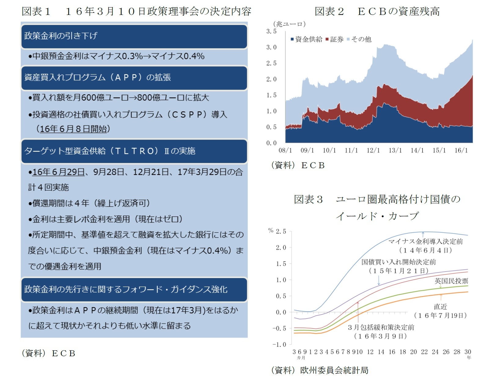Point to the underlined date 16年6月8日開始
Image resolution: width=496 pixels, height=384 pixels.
(74, 129)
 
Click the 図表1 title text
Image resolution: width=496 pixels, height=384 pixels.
(136, 11)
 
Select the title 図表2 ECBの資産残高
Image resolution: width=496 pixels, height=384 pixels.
(377, 11)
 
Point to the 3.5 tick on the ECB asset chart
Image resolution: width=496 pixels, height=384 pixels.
(271, 31)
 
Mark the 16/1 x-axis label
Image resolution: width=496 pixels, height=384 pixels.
(461, 150)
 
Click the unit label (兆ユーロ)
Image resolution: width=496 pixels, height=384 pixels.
(289, 24)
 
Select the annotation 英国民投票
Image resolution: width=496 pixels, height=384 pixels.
(451, 281)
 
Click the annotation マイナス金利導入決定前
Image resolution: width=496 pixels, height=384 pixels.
(425, 241)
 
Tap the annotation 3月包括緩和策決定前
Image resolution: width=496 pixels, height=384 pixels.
(381, 328)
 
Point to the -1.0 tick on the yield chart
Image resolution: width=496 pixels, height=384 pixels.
(279, 345)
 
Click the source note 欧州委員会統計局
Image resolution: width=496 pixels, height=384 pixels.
(334, 371)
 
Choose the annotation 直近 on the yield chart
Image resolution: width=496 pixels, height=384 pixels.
(440, 306)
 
